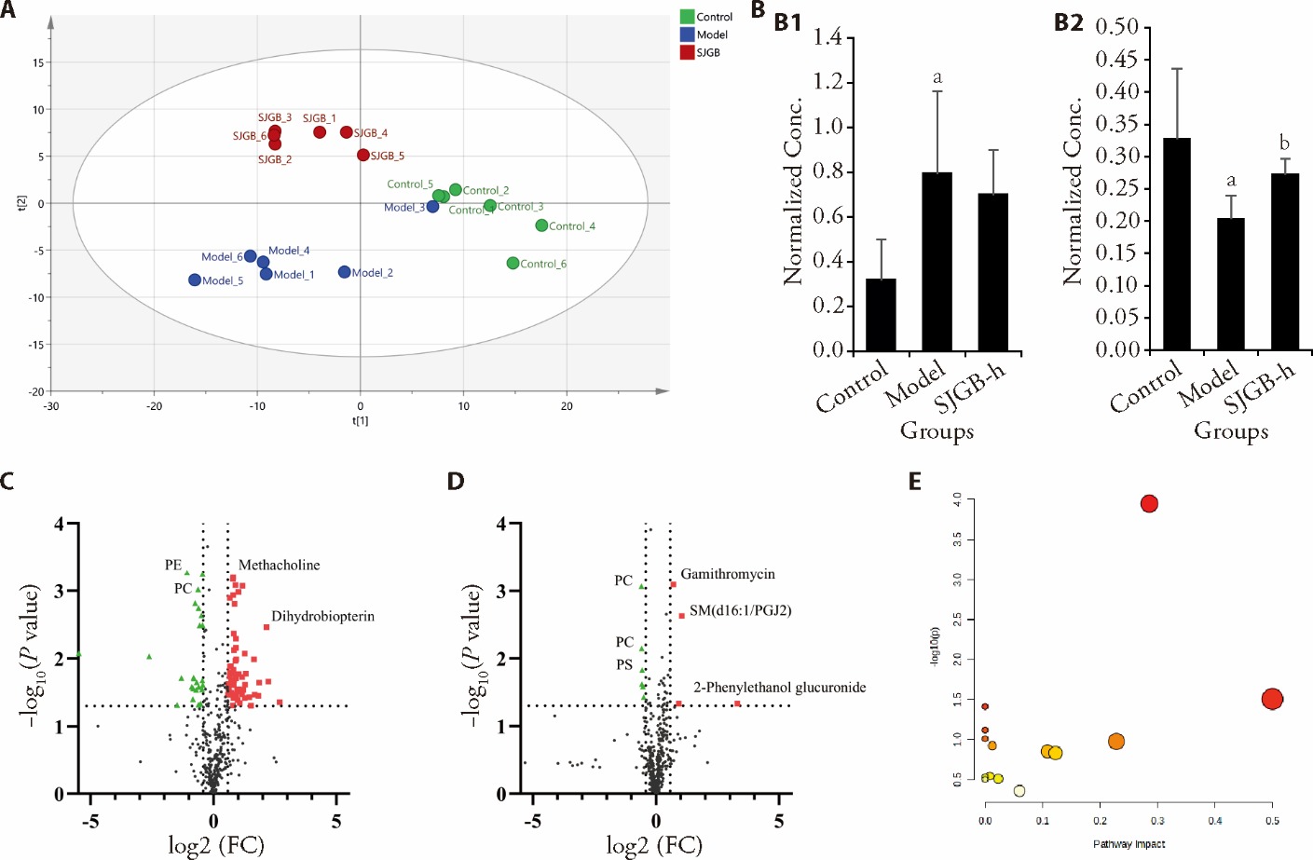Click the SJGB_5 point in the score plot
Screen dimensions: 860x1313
pos(363,156)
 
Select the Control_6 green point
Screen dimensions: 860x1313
pos(513,264)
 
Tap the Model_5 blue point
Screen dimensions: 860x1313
pos(195,280)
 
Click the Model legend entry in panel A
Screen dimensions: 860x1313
pos(711,34)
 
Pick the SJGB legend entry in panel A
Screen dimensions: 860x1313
pos(707,52)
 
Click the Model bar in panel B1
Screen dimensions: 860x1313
pos(937,261)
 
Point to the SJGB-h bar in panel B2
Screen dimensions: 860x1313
pos(1285,262)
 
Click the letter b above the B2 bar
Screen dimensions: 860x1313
pos(1284,143)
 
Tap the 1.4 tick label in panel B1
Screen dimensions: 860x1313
pos(827,37)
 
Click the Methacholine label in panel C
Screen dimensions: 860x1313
pos(279,566)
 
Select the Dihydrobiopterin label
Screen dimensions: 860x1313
pos(322,617)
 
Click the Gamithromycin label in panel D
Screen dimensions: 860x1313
pos(727,575)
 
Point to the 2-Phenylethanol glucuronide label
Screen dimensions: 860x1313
pos(779,688)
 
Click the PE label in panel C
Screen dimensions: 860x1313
pos(173,566)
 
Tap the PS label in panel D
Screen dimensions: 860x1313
pos(624,665)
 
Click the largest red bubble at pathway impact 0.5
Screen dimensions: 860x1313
pos(1272,699)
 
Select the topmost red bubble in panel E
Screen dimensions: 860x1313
pos(1149,504)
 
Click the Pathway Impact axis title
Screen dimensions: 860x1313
pos(1128,844)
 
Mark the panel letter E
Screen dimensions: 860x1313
pos(915,481)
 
